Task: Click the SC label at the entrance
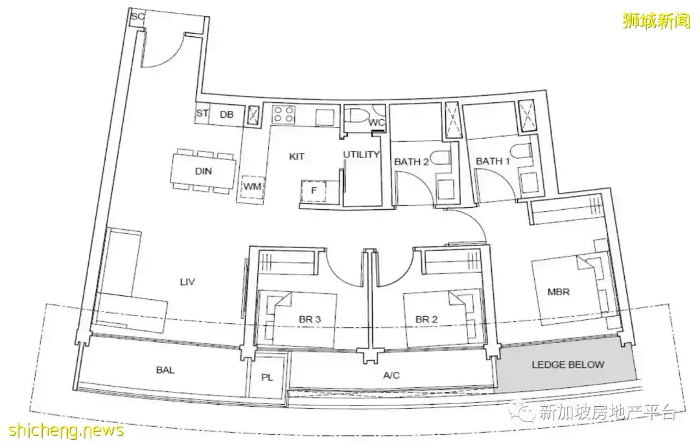point(138,16)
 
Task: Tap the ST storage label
point(202,113)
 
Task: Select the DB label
point(227,114)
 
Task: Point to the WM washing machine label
point(252,187)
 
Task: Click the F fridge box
point(314,191)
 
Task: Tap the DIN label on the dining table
point(204,171)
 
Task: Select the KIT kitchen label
point(297,156)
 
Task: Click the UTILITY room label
point(361,154)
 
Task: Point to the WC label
point(377,122)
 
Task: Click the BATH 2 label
point(411,161)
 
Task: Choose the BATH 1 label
point(493,161)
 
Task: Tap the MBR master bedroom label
point(559,292)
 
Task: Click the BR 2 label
point(426,319)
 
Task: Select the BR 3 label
point(310,319)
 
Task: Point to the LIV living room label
point(187,282)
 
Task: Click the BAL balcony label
point(165,370)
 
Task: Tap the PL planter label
point(267,378)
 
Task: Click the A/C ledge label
point(391,375)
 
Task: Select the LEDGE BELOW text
point(568,365)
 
